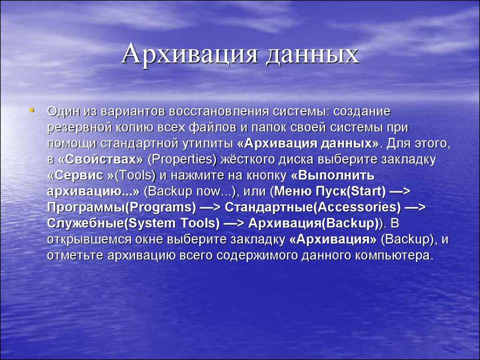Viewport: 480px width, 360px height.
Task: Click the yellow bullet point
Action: click(x=32, y=110)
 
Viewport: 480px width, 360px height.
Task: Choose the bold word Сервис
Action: click(x=80, y=175)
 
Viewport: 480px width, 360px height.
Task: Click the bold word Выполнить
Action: click(x=336, y=175)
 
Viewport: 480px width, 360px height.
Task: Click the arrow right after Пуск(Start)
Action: click(x=400, y=191)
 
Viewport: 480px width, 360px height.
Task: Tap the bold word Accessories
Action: click(x=358, y=207)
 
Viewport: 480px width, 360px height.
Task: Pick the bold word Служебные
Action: click(x=85, y=223)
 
